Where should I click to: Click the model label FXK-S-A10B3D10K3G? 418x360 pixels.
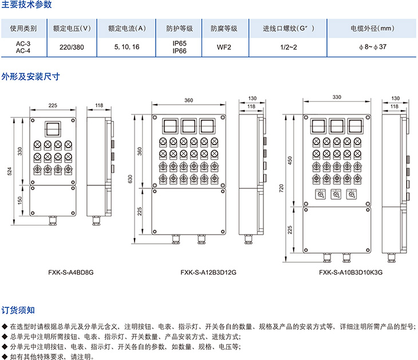point(351,272)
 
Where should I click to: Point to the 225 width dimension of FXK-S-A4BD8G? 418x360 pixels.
point(53,105)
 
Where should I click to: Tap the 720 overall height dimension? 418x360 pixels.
point(281,187)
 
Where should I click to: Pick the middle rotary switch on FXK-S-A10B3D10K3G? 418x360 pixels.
point(337,195)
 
